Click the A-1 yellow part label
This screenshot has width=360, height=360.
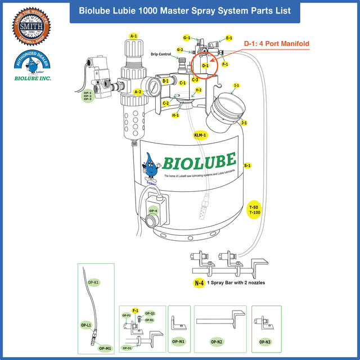[133, 36]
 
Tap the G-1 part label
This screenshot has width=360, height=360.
[187, 38]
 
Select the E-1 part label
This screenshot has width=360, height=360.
[229, 38]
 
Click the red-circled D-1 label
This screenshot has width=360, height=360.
[205, 66]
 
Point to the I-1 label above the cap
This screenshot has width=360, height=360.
[236, 85]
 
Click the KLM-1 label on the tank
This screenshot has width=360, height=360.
[200, 136]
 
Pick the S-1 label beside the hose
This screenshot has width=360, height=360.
[247, 166]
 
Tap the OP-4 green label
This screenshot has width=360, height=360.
[153, 211]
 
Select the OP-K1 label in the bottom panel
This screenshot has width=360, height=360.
[93, 281]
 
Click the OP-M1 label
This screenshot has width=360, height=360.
[105, 348]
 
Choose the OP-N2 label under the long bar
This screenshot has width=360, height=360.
[216, 341]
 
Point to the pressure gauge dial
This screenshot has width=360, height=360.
[152, 87]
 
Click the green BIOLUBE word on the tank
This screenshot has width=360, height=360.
[199, 162]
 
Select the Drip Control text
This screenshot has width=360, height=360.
[161, 55]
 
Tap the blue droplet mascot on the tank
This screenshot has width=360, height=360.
[150, 166]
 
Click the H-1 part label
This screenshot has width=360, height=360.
[175, 115]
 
